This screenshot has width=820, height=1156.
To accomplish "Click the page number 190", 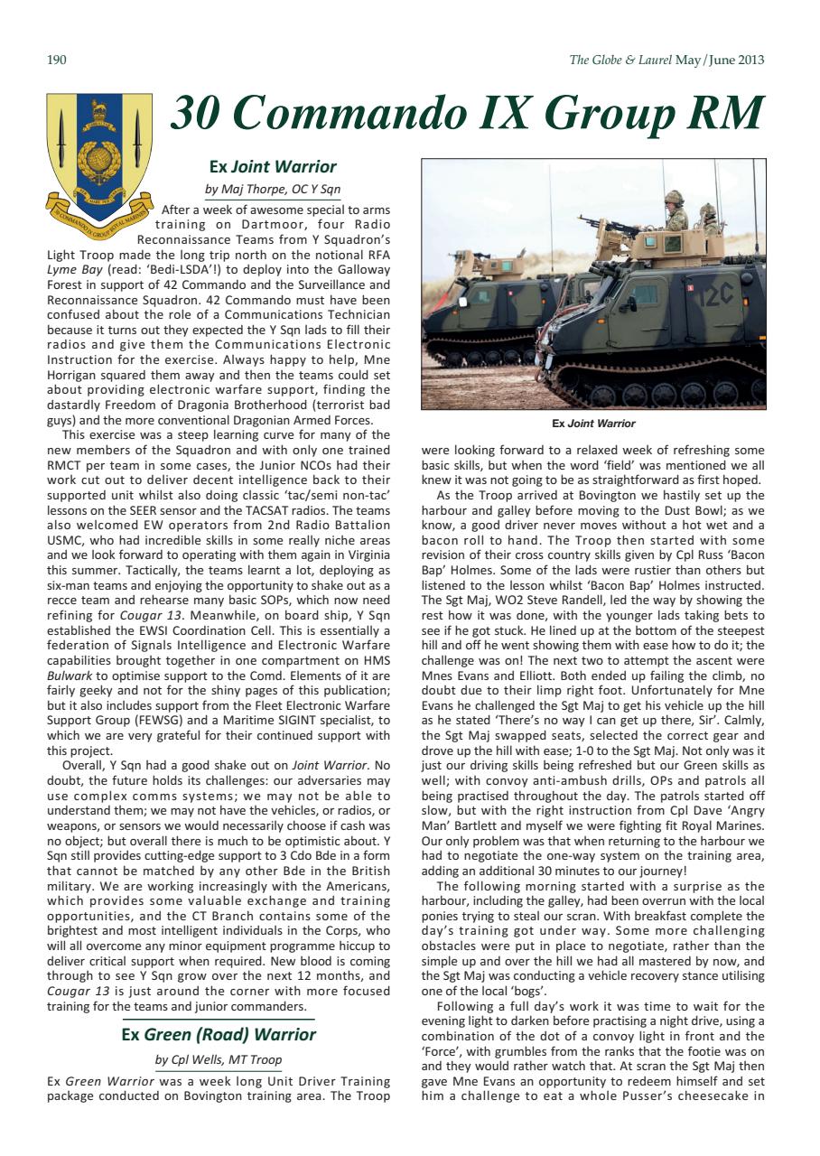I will click(56, 61).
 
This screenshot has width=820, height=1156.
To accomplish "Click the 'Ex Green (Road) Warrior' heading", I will click(219, 1034).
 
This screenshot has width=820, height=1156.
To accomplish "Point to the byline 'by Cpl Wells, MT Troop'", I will click(219, 1059).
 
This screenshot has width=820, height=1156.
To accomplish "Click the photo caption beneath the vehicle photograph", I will click(593, 424).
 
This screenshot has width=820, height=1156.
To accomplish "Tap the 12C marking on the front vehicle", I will click(717, 295).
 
